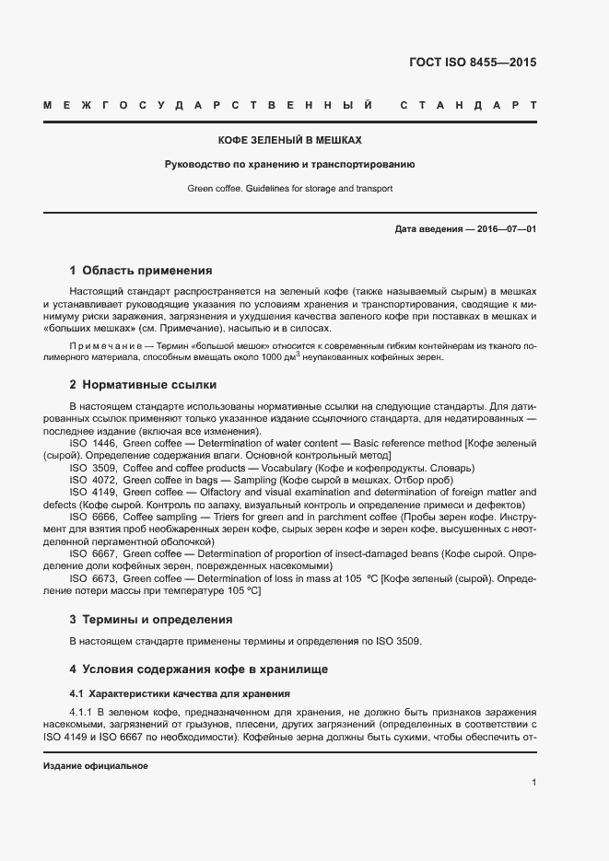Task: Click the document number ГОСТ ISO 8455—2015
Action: point(472,64)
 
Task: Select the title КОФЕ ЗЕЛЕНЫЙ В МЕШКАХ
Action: point(288,141)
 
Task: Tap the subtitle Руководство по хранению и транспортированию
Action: point(288,165)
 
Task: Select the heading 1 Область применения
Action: point(141,271)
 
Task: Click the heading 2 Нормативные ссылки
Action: point(143,384)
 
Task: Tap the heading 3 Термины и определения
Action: point(151,619)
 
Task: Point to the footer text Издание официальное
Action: point(95,766)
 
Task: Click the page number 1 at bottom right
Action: point(533,783)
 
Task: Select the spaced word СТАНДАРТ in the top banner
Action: point(468,106)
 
